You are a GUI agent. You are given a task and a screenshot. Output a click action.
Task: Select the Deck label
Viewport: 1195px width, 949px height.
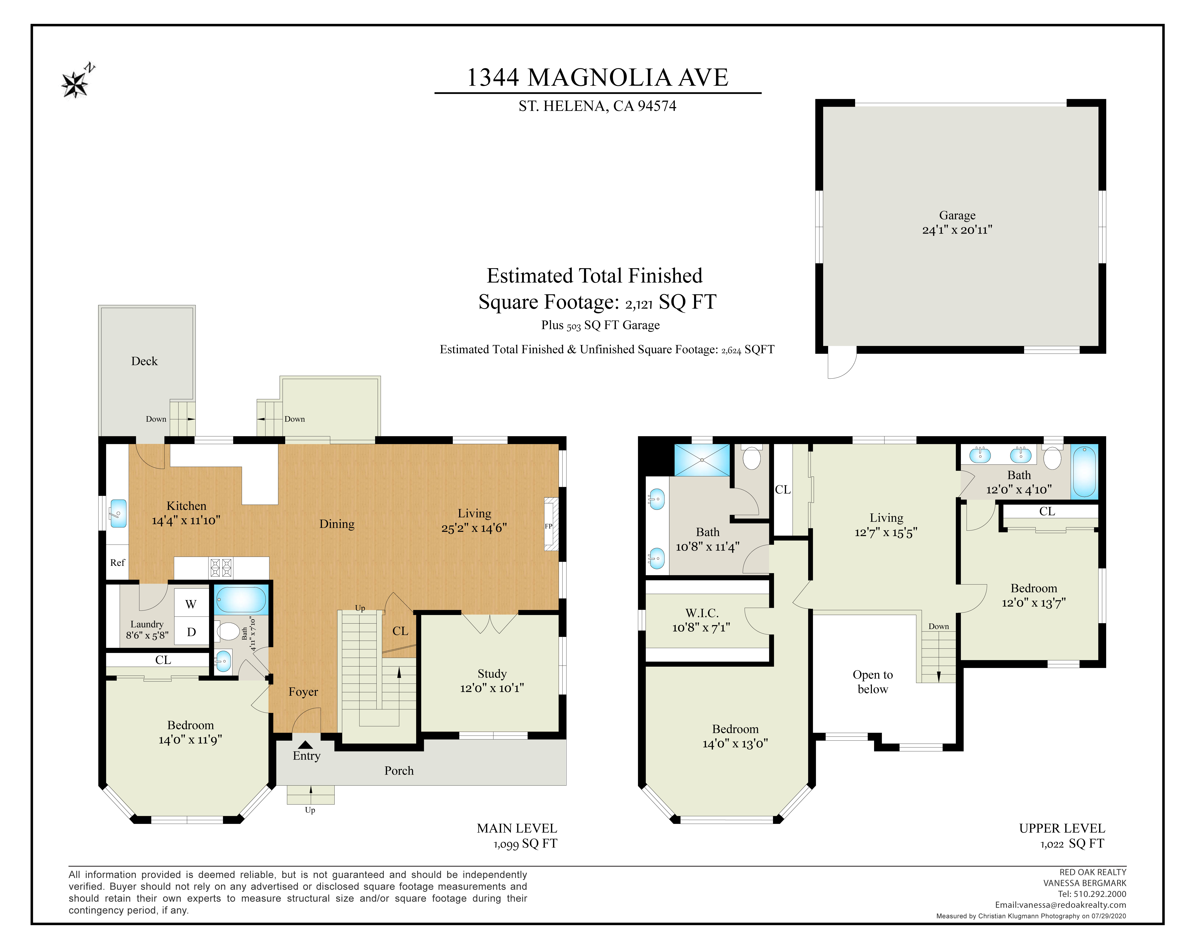pyautogui.click(x=144, y=361)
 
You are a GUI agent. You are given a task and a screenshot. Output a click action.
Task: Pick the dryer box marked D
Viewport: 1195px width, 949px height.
pyautogui.click(x=191, y=631)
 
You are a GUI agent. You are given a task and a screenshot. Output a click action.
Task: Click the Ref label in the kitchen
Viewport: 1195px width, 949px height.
pyautogui.click(x=118, y=563)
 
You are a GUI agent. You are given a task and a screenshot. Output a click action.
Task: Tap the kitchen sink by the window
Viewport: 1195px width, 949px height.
pyautogui.click(x=118, y=513)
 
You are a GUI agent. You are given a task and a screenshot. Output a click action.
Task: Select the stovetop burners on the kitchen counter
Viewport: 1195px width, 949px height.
pyautogui.click(x=221, y=568)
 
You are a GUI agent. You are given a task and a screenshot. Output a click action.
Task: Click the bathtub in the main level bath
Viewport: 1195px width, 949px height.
pyautogui.click(x=241, y=599)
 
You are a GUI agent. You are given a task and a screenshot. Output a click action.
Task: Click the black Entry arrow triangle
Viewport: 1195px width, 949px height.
pyautogui.click(x=305, y=744)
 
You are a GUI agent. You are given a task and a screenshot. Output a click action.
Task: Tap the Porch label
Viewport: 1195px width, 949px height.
pyautogui.click(x=399, y=771)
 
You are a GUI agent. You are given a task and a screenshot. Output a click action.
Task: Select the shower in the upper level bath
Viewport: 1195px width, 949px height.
pyautogui.click(x=702, y=459)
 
